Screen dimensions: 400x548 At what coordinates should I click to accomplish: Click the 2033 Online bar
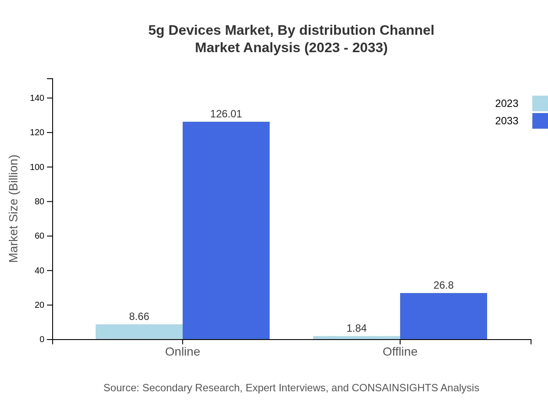[x=226, y=230]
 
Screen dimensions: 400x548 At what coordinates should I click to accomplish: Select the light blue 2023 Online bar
[x=139, y=332]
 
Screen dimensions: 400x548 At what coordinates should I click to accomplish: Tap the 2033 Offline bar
[x=444, y=316]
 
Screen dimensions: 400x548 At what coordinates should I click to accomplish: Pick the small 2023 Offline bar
[x=357, y=337]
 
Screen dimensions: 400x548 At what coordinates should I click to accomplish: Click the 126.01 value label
[x=226, y=114]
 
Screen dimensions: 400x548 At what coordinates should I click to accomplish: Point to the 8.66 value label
[x=139, y=317]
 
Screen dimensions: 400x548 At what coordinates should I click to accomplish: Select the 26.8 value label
[x=444, y=285]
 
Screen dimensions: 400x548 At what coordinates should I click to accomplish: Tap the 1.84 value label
[x=357, y=328]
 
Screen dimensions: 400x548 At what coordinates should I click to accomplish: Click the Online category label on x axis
[x=183, y=351]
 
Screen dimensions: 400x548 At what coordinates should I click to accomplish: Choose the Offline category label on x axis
[x=400, y=351]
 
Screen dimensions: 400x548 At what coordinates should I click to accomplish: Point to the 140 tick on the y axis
[x=37, y=98]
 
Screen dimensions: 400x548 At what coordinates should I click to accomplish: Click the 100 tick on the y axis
[x=37, y=167]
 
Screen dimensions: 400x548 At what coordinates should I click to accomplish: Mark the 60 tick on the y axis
[x=40, y=236]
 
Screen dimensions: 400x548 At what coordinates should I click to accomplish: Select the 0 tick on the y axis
[x=42, y=340]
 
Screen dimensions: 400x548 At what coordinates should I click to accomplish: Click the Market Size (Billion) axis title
[x=13, y=209]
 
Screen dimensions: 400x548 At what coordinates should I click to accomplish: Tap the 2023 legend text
[x=507, y=103]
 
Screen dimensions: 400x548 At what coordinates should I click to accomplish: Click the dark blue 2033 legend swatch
[x=540, y=121]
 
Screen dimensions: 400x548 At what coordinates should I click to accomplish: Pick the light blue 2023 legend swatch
[x=540, y=103]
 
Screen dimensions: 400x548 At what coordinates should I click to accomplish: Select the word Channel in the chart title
[x=407, y=30]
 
